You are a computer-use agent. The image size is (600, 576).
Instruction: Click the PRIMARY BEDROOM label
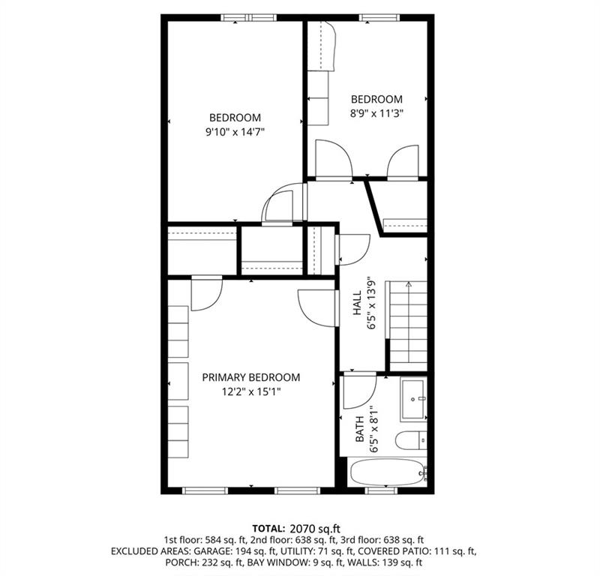pos(250,377)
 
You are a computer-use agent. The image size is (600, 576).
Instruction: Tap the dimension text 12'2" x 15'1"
pos(250,391)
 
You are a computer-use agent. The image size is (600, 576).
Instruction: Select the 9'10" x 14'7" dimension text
pos(235,131)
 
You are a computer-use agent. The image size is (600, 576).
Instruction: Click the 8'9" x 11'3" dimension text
pos(376,113)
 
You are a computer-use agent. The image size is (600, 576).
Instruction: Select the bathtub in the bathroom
pos(387,472)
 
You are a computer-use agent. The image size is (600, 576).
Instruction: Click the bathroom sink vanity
pos(413,399)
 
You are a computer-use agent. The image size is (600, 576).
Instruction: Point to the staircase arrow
pos(407,286)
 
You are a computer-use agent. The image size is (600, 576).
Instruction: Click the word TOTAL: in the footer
pos(267,529)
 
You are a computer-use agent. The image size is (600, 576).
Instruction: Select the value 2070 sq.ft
pos(310,529)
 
